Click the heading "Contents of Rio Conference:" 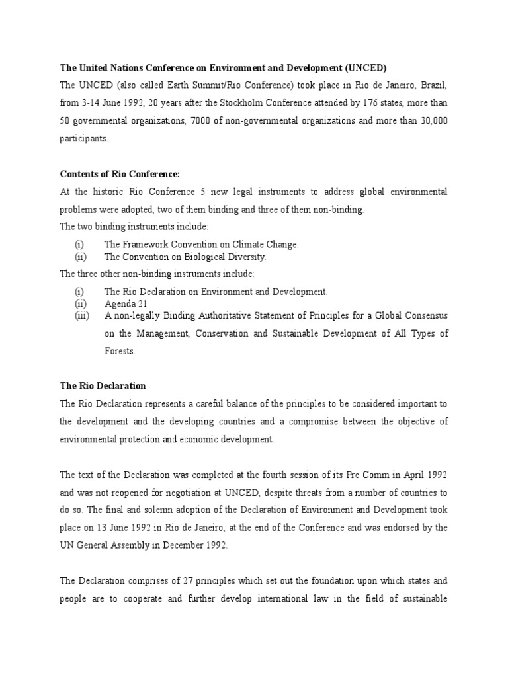(120, 174)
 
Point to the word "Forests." (120, 351)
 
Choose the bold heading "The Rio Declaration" (103, 385)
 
